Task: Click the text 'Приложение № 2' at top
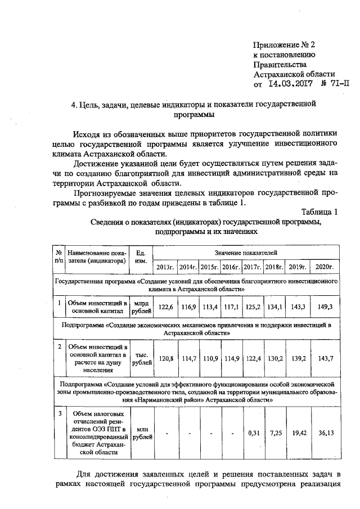(x=285, y=44)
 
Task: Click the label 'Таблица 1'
(x=319, y=211)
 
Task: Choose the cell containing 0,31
(x=253, y=433)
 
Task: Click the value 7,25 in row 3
(x=275, y=433)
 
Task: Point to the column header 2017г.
(x=253, y=266)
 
